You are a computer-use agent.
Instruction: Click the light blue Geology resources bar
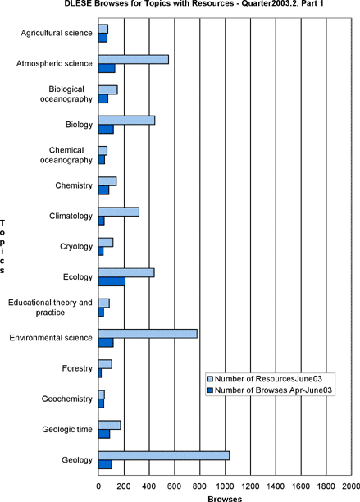click(164, 455)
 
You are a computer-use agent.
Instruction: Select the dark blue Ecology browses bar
click(112, 281)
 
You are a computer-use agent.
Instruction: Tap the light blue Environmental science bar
click(148, 334)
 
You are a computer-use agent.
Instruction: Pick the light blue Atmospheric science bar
click(134, 60)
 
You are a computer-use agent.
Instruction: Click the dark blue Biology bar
click(106, 129)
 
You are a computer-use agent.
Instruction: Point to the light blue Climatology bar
click(119, 212)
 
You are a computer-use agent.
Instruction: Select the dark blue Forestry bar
click(100, 373)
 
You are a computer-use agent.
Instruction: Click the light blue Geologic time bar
click(109, 425)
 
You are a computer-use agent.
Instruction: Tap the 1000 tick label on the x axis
click(225, 486)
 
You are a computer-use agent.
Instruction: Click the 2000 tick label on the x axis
click(351, 486)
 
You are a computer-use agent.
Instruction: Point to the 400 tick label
click(149, 486)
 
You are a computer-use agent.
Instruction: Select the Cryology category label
click(76, 247)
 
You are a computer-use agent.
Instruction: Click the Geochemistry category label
click(67, 399)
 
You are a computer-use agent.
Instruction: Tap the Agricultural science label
click(57, 33)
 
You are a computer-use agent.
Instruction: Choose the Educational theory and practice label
click(50, 308)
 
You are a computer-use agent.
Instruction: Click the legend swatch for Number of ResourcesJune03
click(210, 379)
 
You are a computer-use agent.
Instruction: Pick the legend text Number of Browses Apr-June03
click(273, 390)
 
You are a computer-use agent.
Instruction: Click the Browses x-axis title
click(225, 499)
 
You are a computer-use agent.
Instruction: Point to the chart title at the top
click(194, 3)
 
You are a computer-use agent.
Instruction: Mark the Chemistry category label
click(74, 185)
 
